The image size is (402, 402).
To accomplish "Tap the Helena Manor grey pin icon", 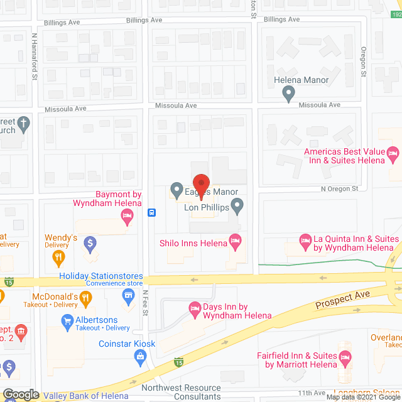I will [288, 94].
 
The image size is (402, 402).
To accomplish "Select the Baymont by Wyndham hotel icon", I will [126, 217].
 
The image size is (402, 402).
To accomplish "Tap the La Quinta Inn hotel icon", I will [305, 240].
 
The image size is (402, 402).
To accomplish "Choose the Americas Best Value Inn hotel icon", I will [393, 153].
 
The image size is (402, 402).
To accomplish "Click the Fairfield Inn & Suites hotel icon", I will [344, 357].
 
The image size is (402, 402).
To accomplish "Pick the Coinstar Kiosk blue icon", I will [141, 357].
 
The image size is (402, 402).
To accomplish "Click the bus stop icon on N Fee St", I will [151, 212].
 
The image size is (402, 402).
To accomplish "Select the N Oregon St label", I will [339, 188].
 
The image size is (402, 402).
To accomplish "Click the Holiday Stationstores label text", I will [100, 276].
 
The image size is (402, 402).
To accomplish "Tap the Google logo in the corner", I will [20, 394].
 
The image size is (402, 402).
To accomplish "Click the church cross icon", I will [23, 123].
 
